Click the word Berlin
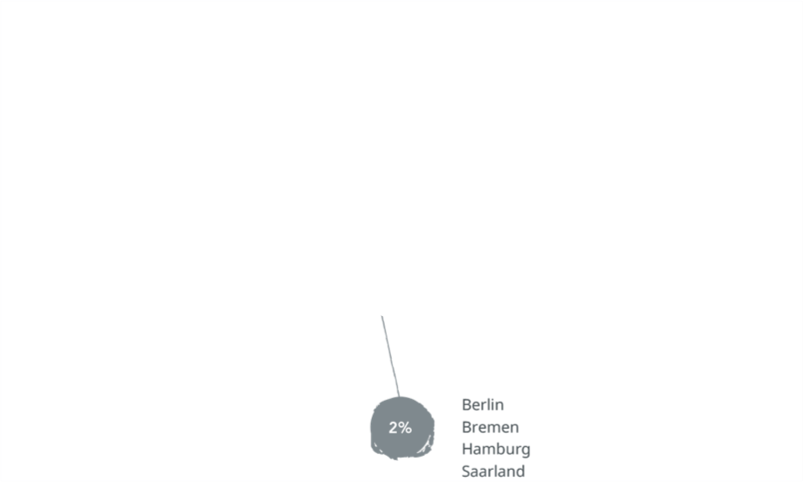click(x=483, y=404)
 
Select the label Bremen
click(x=491, y=427)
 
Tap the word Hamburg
click(x=496, y=450)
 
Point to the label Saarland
click(x=493, y=472)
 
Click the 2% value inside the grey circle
click(x=400, y=428)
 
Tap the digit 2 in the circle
click(x=394, y=428)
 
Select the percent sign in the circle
click(x=406, y=428)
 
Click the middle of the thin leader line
click(x=390, y=356)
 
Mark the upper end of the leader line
click(x=382, y=317)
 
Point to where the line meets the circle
click(x=399, y=397)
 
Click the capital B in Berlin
click(x=466, y=404)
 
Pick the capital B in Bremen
click(x=466, y=427)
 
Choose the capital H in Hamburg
click(x=467, y=449)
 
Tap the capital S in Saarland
click(x=466, y=472)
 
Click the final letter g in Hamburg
click(x=525, y=451)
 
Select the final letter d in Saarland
click(x=520, y=472)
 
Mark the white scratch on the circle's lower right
click(x=426, y=447)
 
